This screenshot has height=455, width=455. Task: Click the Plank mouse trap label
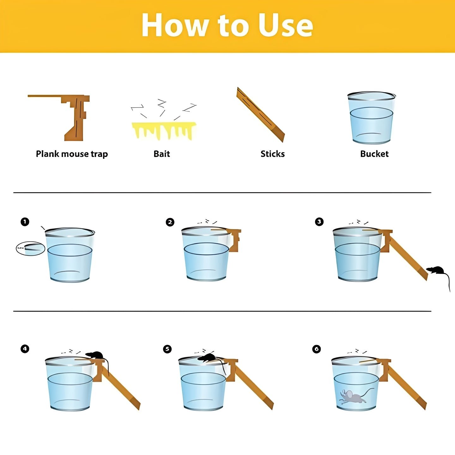pos(72,154)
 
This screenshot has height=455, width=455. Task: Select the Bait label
pos(162,154)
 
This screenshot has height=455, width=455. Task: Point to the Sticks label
pos(273,154)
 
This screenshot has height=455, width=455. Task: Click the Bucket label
pos(374,154)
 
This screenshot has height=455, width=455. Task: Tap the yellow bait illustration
pos(164,130)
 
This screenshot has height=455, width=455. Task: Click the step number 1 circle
pos(25,222)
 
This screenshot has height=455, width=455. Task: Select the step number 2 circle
pos(170,222)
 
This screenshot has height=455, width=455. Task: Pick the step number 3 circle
pos(319,222)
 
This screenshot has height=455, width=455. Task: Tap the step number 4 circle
pos(25,349)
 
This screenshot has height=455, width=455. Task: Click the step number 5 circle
pos(167,349)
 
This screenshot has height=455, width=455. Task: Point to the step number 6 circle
pos(317,349)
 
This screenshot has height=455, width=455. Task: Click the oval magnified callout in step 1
pos(30,248)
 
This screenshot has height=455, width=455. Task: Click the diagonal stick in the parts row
pos(260,115)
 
